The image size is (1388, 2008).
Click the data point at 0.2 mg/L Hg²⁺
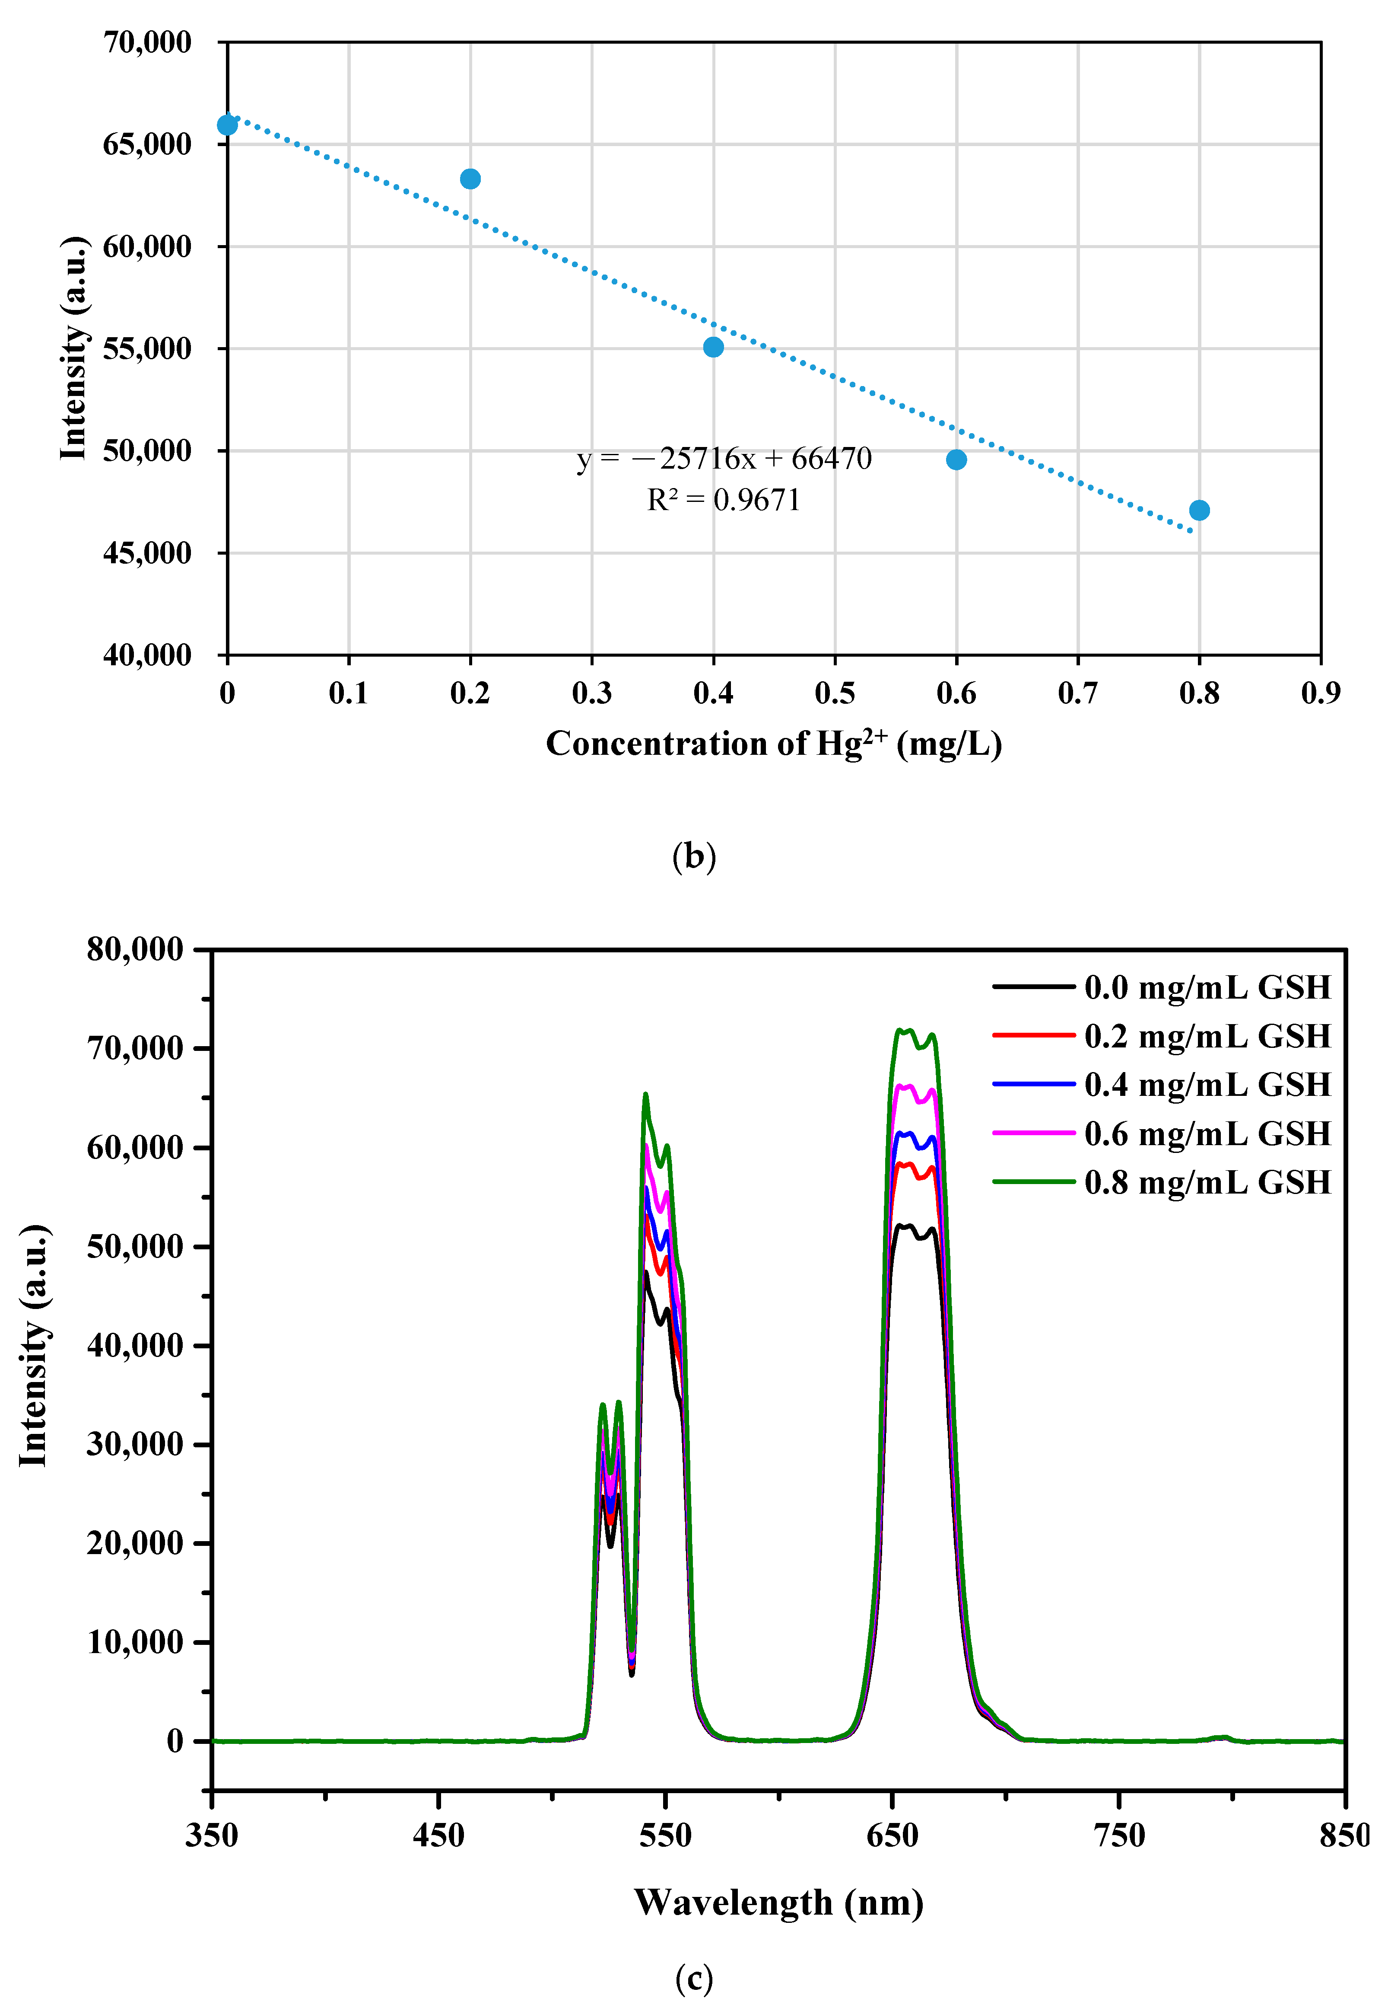point(470,179)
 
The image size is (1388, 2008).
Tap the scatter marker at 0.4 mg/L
point(713,347)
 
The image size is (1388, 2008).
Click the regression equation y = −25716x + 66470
point(724,459)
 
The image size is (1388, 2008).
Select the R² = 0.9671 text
point(724,500)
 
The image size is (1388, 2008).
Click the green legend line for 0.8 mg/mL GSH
point(1034,1181)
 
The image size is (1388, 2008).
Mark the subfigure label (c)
point(694,1979)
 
